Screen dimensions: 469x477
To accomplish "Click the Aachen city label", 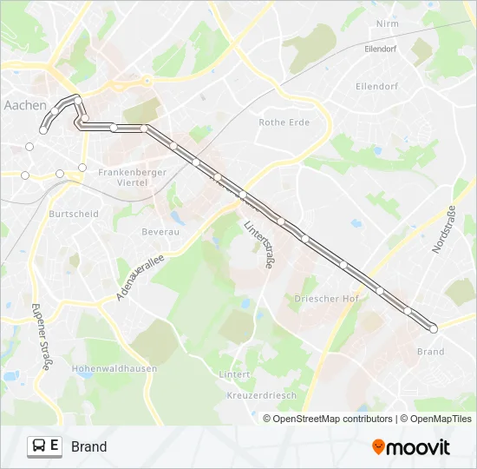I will (25, 105).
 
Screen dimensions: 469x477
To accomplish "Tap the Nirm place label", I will (387, 23).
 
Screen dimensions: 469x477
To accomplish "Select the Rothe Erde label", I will (284, 122).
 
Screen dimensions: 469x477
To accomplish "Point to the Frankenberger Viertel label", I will (126, 177).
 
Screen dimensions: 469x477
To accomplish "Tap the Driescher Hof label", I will (326, 299).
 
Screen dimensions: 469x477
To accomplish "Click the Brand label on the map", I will (430, 352).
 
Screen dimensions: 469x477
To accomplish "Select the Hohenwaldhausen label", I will (114, 368).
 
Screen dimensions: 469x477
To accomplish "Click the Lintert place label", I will (235, 375).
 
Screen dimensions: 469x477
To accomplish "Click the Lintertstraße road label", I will (258, 243).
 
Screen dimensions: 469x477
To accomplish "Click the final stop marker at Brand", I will (434, 328).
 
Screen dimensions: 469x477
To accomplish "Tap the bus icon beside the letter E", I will (39, 446).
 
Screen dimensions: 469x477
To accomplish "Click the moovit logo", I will (411, 447).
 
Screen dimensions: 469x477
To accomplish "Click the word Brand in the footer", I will (89, 447).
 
